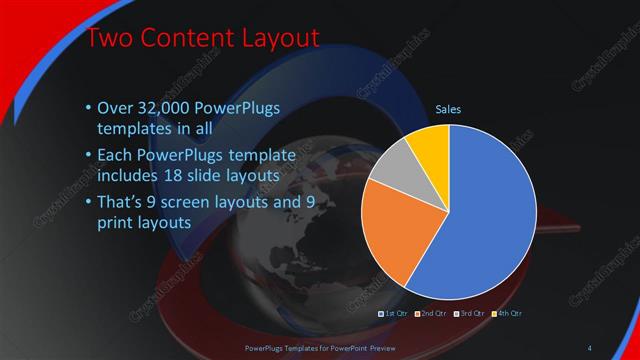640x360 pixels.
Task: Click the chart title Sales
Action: (x=448, y=110)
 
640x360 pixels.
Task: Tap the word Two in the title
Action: (x=110, y=39)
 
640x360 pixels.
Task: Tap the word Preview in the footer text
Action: (x=375, y=347)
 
